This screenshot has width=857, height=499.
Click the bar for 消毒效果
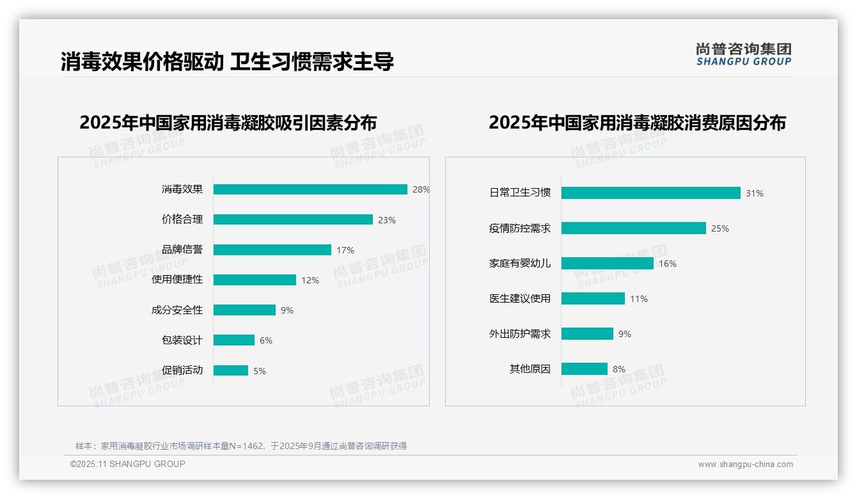310,189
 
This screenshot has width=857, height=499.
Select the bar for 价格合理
293,219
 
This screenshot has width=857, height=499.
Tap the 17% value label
345,250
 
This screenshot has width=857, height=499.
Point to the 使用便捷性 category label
177,280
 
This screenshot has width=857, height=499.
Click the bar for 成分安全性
244,310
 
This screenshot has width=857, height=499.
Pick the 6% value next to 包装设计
266,340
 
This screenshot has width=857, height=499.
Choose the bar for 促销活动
231,370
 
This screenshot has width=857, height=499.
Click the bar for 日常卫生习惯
650,193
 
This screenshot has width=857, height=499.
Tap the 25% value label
720,228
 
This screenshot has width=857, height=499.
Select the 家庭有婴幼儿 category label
520,263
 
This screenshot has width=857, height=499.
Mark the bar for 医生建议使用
593,299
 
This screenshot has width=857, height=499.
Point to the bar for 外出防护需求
587,334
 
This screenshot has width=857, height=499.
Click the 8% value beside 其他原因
619,369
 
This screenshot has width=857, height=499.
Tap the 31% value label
755,193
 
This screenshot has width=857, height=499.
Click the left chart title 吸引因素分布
228,122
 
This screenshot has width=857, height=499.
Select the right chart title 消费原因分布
637,122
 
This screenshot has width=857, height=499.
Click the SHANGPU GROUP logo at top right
744,54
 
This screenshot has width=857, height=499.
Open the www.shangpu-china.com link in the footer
745,464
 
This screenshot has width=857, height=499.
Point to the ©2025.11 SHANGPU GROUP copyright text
128,464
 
